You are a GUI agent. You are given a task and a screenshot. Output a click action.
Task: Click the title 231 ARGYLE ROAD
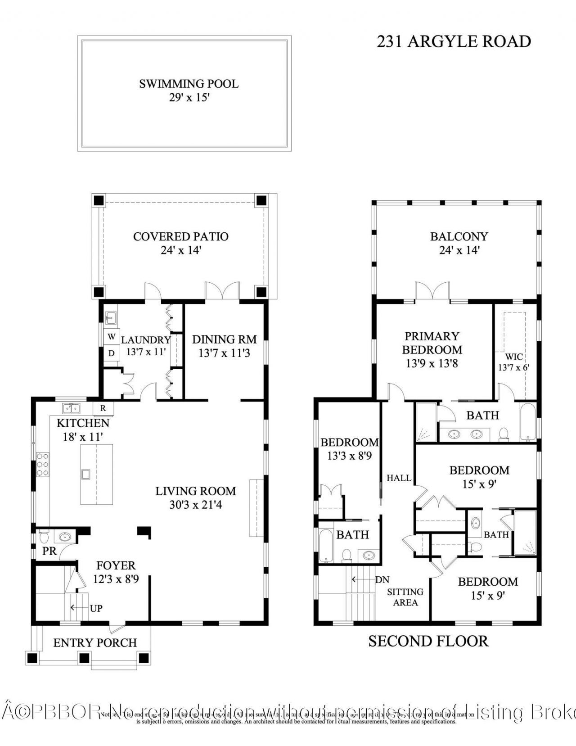tap(454, 41)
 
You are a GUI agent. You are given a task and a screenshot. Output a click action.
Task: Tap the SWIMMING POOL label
tap(189, 84)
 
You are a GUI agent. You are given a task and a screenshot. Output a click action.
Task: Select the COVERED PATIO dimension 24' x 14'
tap(180, 250)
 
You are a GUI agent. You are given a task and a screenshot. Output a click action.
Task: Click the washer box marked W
tap(111, 336)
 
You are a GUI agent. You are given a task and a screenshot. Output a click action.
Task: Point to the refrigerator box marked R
tap(103, 408)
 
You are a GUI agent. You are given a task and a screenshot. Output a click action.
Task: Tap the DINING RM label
tap(224, 339)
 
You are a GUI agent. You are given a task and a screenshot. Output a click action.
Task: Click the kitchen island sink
tap(85, 474)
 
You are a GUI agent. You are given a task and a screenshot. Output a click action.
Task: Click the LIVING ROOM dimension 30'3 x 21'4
tap(195, 505)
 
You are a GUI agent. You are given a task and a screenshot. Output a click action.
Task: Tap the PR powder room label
tap(49, 551)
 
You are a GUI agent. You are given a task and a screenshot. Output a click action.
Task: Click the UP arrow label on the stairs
tap(96, 608)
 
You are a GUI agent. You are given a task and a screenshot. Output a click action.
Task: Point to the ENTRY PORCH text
tap(95, 642)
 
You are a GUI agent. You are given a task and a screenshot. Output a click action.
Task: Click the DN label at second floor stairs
tap(382, 580)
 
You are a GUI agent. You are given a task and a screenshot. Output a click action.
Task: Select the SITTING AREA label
tap(405, 597)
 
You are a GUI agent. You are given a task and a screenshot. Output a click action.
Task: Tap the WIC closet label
tap(514, 357)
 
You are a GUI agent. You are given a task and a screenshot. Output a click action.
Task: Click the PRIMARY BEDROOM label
tap(432, 343)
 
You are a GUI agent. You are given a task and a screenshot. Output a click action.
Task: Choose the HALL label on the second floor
tap(399, 478)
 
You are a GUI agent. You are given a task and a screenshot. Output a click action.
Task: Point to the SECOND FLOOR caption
tap(428, 641)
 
